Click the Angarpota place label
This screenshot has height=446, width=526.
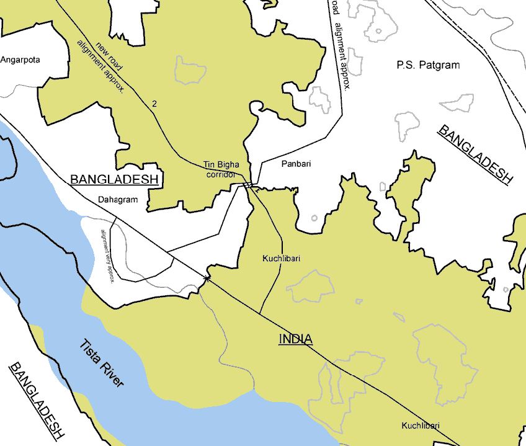click(20, 60)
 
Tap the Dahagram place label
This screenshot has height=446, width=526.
click(117, 200)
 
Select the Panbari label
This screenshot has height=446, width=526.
click(296, 164)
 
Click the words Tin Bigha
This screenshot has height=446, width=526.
click(221, 165)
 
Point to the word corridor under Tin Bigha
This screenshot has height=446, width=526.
click(221, 174)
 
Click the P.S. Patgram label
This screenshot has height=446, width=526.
click(428, 65)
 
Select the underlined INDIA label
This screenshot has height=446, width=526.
click(295, 339)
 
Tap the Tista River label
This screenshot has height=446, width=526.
click(101, 363)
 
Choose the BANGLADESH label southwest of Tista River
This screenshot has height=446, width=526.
click(37, 400)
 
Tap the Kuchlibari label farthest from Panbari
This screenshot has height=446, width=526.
click(420, 426)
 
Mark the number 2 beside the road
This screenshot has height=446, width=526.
click(154, 103)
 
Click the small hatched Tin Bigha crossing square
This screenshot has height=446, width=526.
click(249, 185)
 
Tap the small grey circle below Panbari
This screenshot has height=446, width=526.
click(314, 218)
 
